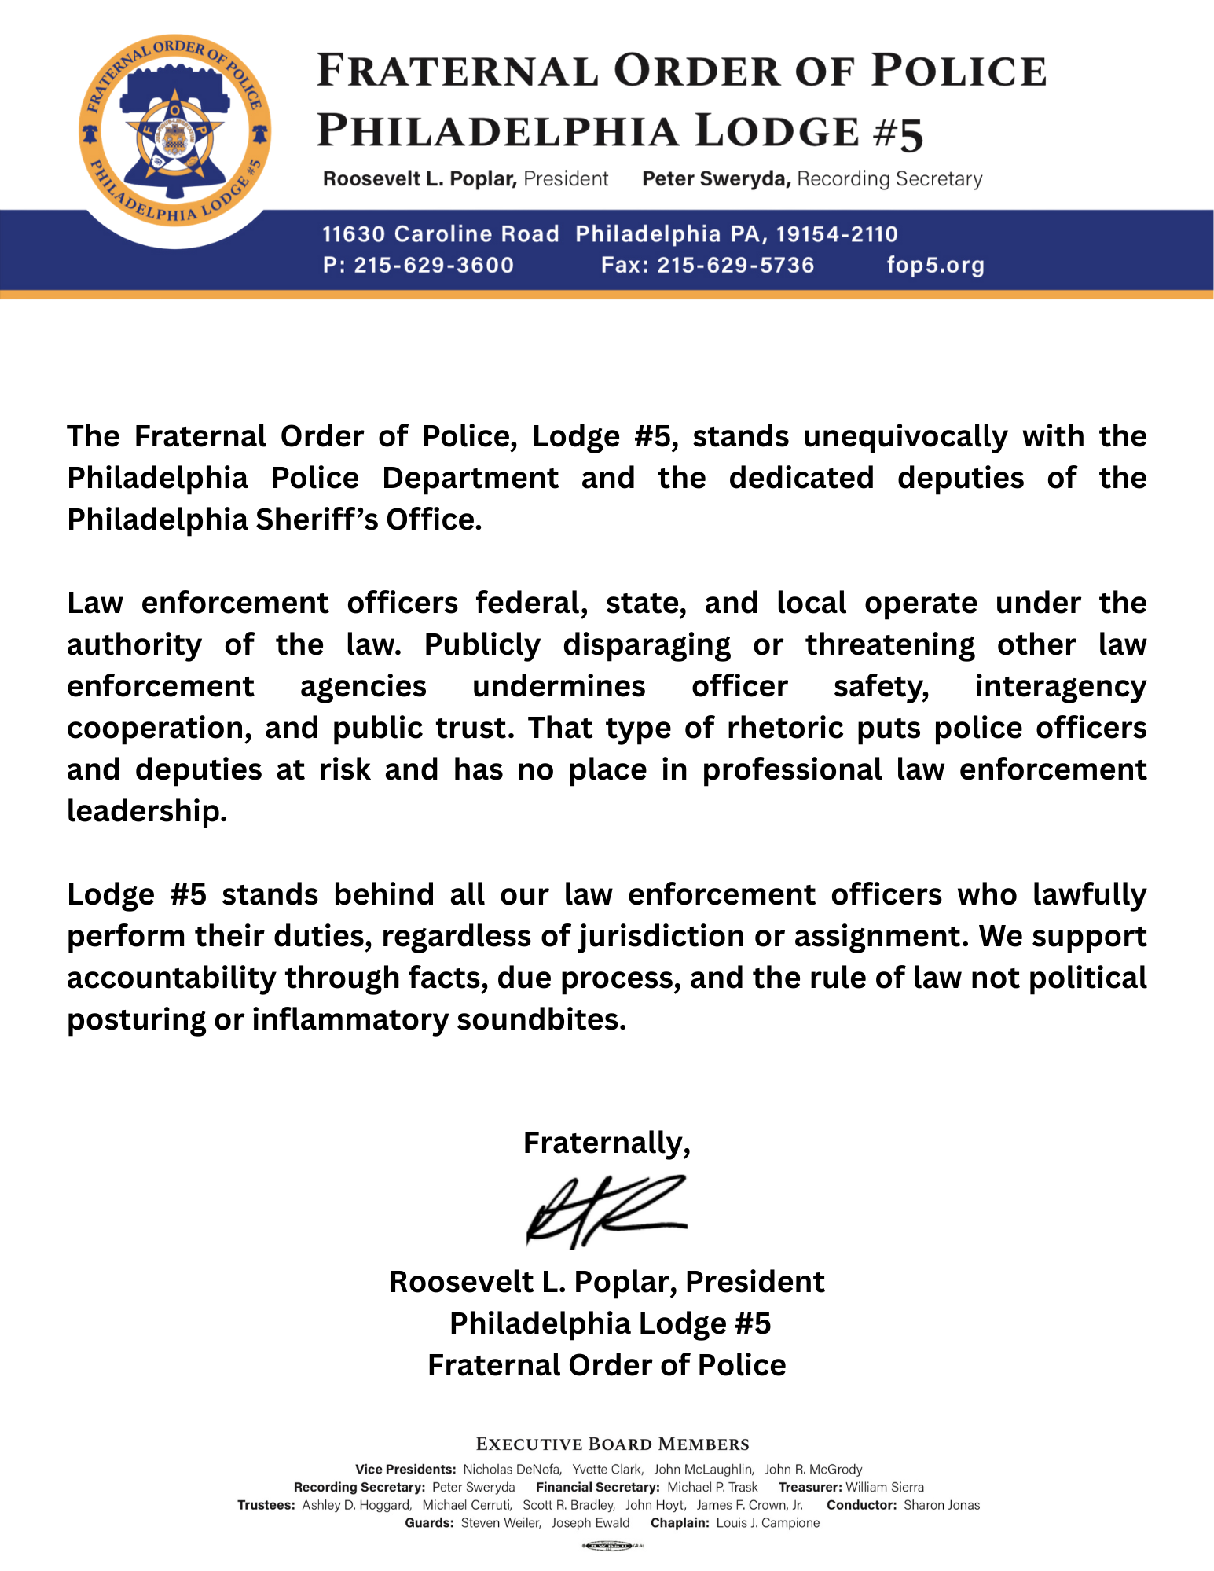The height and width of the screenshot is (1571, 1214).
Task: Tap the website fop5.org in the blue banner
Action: click(x=935, y=265)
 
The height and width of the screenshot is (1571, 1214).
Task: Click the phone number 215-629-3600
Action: click(x=434, y=265)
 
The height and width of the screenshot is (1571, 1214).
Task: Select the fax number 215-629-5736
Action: click(x=735, y=265)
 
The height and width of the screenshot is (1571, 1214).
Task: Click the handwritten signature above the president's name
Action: click(x=605, y=1211)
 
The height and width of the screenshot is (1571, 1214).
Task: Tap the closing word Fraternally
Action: click(x=607, y=1142)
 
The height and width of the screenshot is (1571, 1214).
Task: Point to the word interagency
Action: click(x=1061, y=686)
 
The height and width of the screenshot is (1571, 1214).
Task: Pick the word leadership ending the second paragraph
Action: click(x=147, y=811)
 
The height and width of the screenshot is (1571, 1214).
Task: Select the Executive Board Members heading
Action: click(x=613, y=1444)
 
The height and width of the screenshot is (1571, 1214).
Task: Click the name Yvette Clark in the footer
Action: click(x=607, y=1469)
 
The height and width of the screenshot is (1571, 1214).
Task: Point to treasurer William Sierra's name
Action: click(x=885, y=1487)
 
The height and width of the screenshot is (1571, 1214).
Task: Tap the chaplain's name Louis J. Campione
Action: click(x=768, y=1523)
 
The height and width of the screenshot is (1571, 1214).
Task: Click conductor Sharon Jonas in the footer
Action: click(x=941, y=1505)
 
